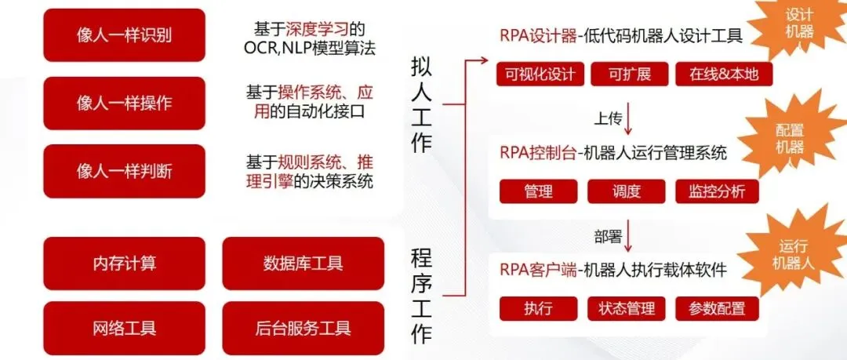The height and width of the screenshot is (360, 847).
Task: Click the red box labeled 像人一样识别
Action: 124,35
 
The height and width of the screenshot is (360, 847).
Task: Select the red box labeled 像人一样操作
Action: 124,104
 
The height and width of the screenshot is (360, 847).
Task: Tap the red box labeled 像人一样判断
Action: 124,171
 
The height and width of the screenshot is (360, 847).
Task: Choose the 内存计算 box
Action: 124,264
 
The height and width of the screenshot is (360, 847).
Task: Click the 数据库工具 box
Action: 303,264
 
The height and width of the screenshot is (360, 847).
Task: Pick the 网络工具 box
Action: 124,328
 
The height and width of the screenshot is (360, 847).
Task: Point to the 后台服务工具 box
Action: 303,328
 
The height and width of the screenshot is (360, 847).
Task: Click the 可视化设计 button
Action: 540,75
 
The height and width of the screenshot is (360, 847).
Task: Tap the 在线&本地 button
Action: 723,75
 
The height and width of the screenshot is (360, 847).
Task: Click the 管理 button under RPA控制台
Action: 539,191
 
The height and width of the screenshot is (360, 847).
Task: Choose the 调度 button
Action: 626,191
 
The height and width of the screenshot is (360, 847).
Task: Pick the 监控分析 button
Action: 715,191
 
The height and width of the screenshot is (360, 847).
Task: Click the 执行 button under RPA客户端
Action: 539,308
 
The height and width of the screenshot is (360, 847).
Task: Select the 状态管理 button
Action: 626,308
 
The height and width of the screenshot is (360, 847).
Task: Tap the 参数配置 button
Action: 715,308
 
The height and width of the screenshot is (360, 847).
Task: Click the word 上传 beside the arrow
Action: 608,119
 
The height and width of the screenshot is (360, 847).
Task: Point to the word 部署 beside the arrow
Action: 608,235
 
